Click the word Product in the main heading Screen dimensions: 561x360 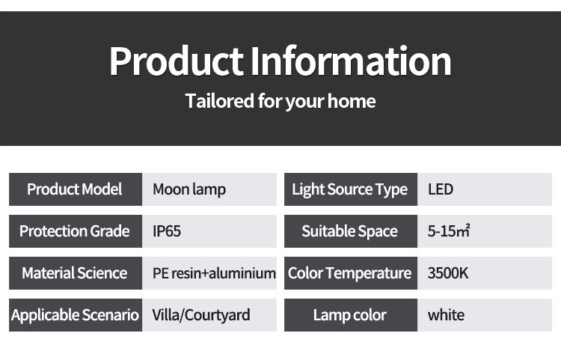[x=177, y=61]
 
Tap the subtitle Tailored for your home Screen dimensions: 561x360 [x=280, y=101]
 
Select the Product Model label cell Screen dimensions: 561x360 [x=76, y=189]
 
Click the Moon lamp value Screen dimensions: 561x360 [x=189, y=189]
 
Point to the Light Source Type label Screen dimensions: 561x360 [x=350, y=189]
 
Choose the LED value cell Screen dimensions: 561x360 [x=485, y=189]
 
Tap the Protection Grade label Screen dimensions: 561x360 [x=74, y=231]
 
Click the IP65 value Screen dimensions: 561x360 [x=167, y=231]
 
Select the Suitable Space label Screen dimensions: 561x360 [x=349, y=231]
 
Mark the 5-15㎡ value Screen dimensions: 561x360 [x=449, y=231]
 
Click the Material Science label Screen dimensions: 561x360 [x=74, y=273]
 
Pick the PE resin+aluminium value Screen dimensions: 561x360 [x=215, y=273]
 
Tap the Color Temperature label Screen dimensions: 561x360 [x=349, y=273]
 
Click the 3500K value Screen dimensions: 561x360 [x=448, y=273]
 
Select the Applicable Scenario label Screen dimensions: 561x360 [x=75, y=315]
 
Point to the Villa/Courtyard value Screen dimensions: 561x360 [x=201, y=315]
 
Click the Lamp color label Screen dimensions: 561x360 [x=350, y=315]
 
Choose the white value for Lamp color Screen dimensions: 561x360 [x=446, y=315]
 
